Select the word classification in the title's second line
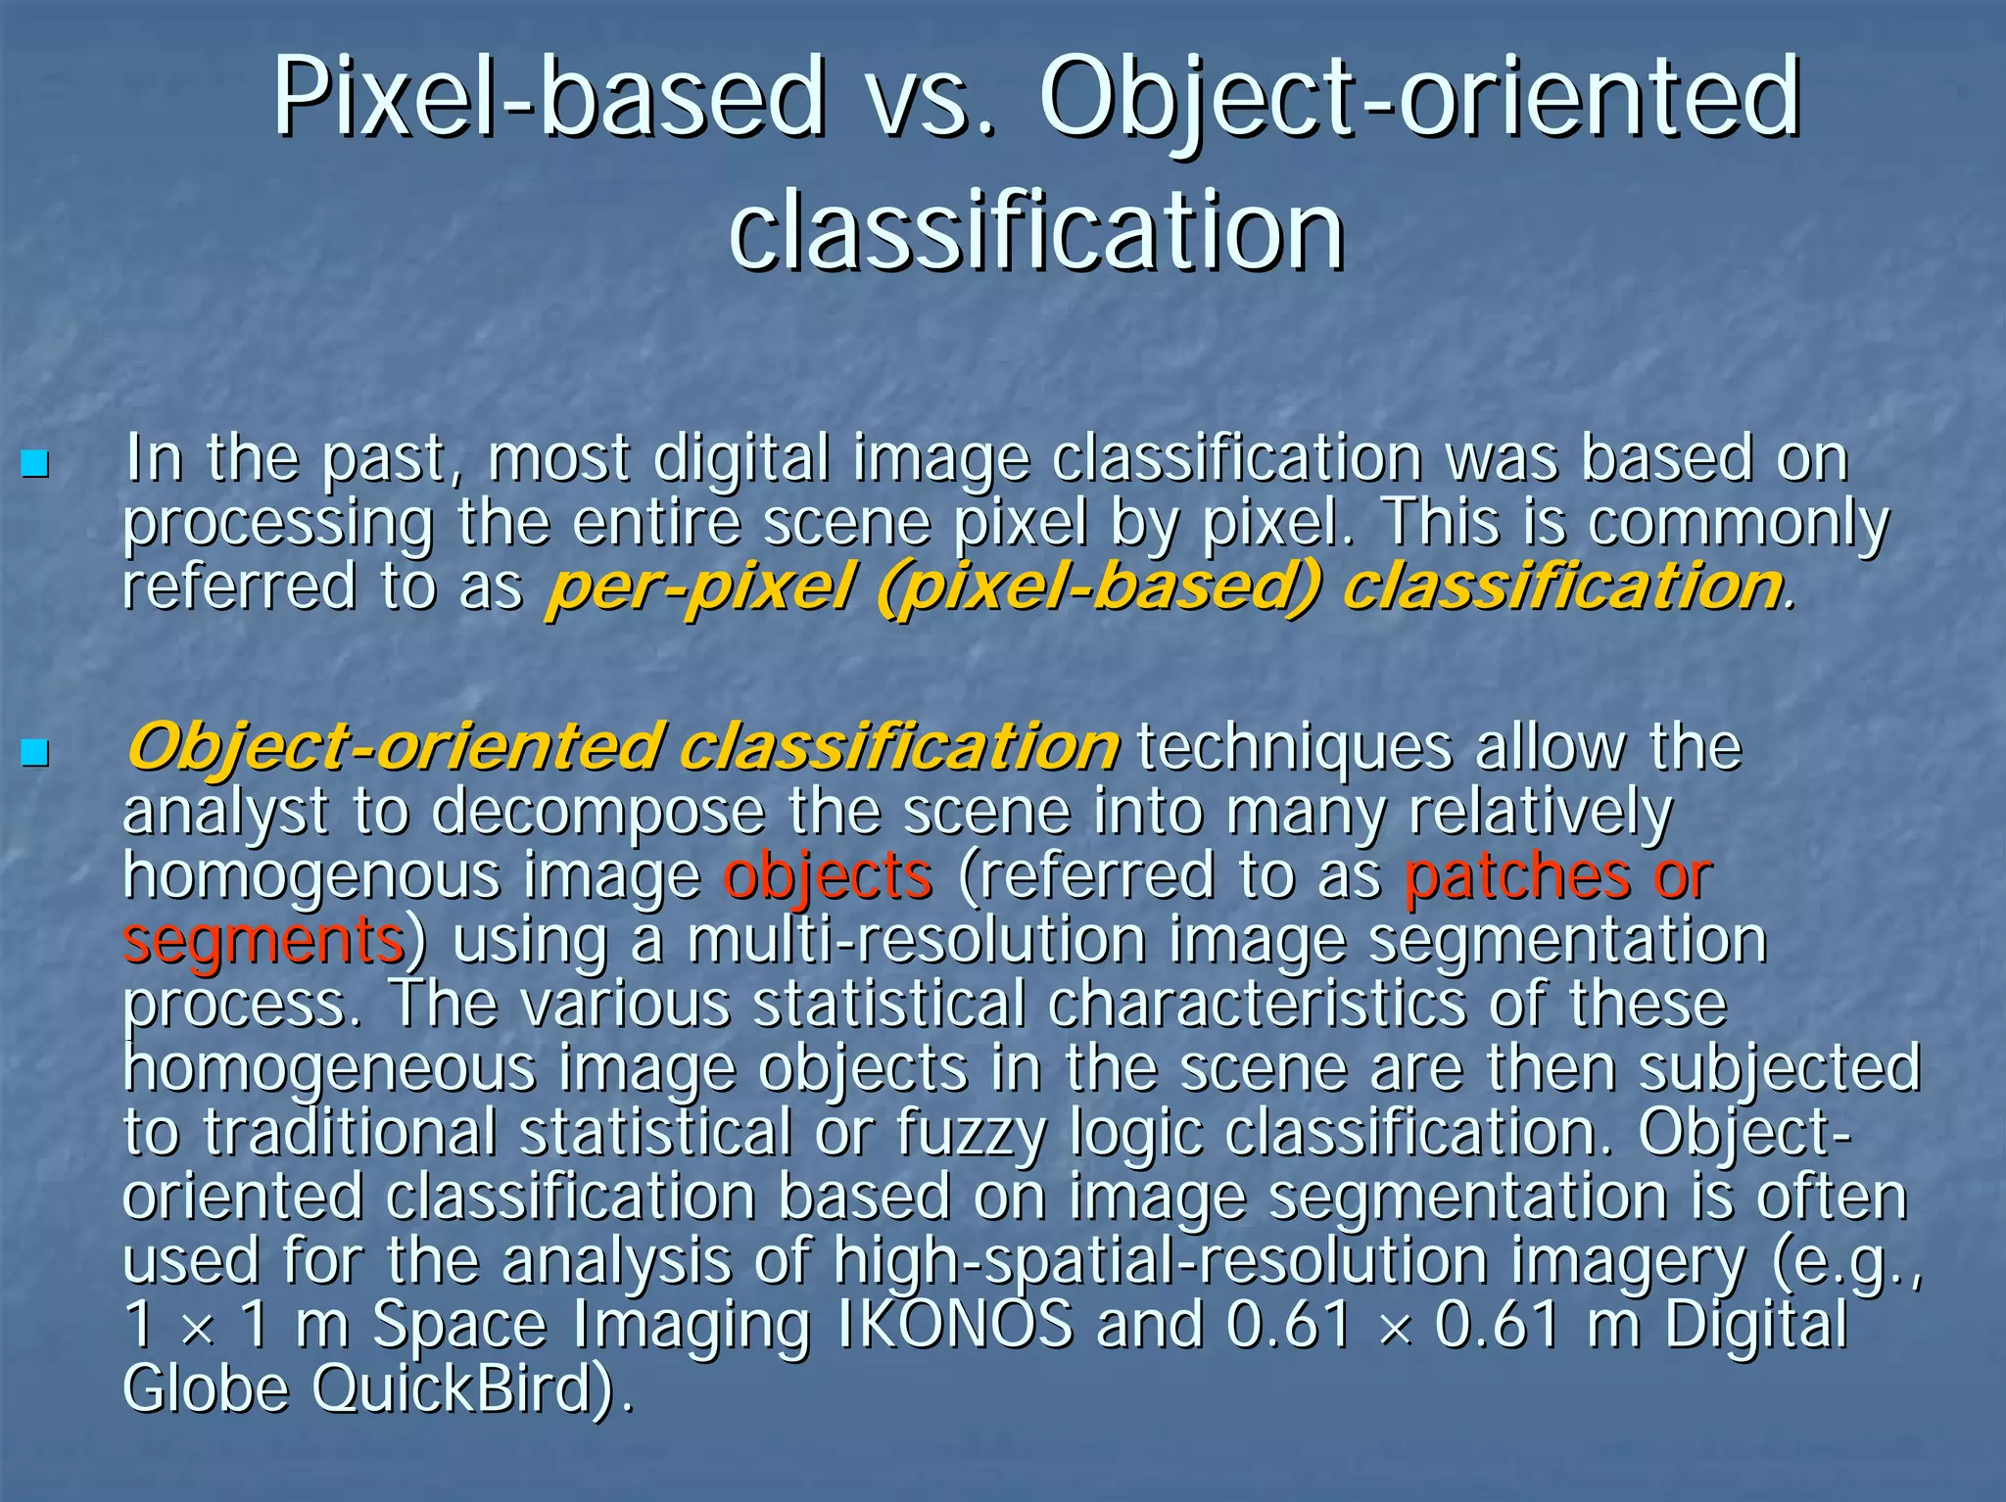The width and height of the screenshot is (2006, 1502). click(x=1036, y=230)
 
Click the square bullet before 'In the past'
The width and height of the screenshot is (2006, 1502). click(x=35, y=463)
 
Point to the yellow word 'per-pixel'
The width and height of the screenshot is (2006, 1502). click(x=698, y=587)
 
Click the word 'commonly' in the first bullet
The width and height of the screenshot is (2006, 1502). click(x=1738, y=525)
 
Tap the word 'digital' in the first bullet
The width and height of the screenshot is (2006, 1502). click(x=741, y=458)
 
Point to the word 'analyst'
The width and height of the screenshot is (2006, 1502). click(x=224, y=812)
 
